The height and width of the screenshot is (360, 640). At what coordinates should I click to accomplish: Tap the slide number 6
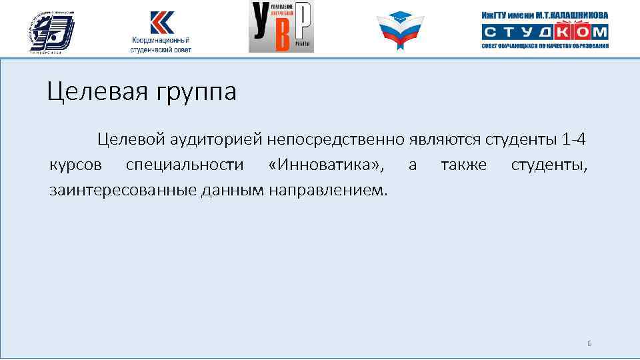pyautogui.click(x=589, y=343)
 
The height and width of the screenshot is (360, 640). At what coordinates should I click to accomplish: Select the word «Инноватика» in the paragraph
pyautogui.click(x=327, y=165)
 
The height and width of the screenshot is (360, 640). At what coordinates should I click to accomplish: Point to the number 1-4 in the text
pyautogui.click(x=575, y=140)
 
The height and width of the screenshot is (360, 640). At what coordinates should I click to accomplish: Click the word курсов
pyautogui.click(x=76, y=165)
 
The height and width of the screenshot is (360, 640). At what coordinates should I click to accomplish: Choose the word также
pyautogui.click(x=463, y=165)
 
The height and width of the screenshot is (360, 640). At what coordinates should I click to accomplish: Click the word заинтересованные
pyautogui.click(x=121, y=190)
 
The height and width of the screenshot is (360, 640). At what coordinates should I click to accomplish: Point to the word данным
pyautogui.click(x=233, y=190)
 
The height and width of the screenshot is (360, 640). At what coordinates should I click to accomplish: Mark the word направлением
pyautogui.click(x=327, y=190)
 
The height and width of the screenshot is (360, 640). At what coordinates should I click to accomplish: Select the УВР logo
pyautogui.click(x=281, y=27)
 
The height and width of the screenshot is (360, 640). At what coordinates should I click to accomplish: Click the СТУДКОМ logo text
pyautogui.click(x=545, y=32)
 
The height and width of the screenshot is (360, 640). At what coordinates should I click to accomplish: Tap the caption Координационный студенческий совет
pyautogui.click(x=161, y=45)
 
